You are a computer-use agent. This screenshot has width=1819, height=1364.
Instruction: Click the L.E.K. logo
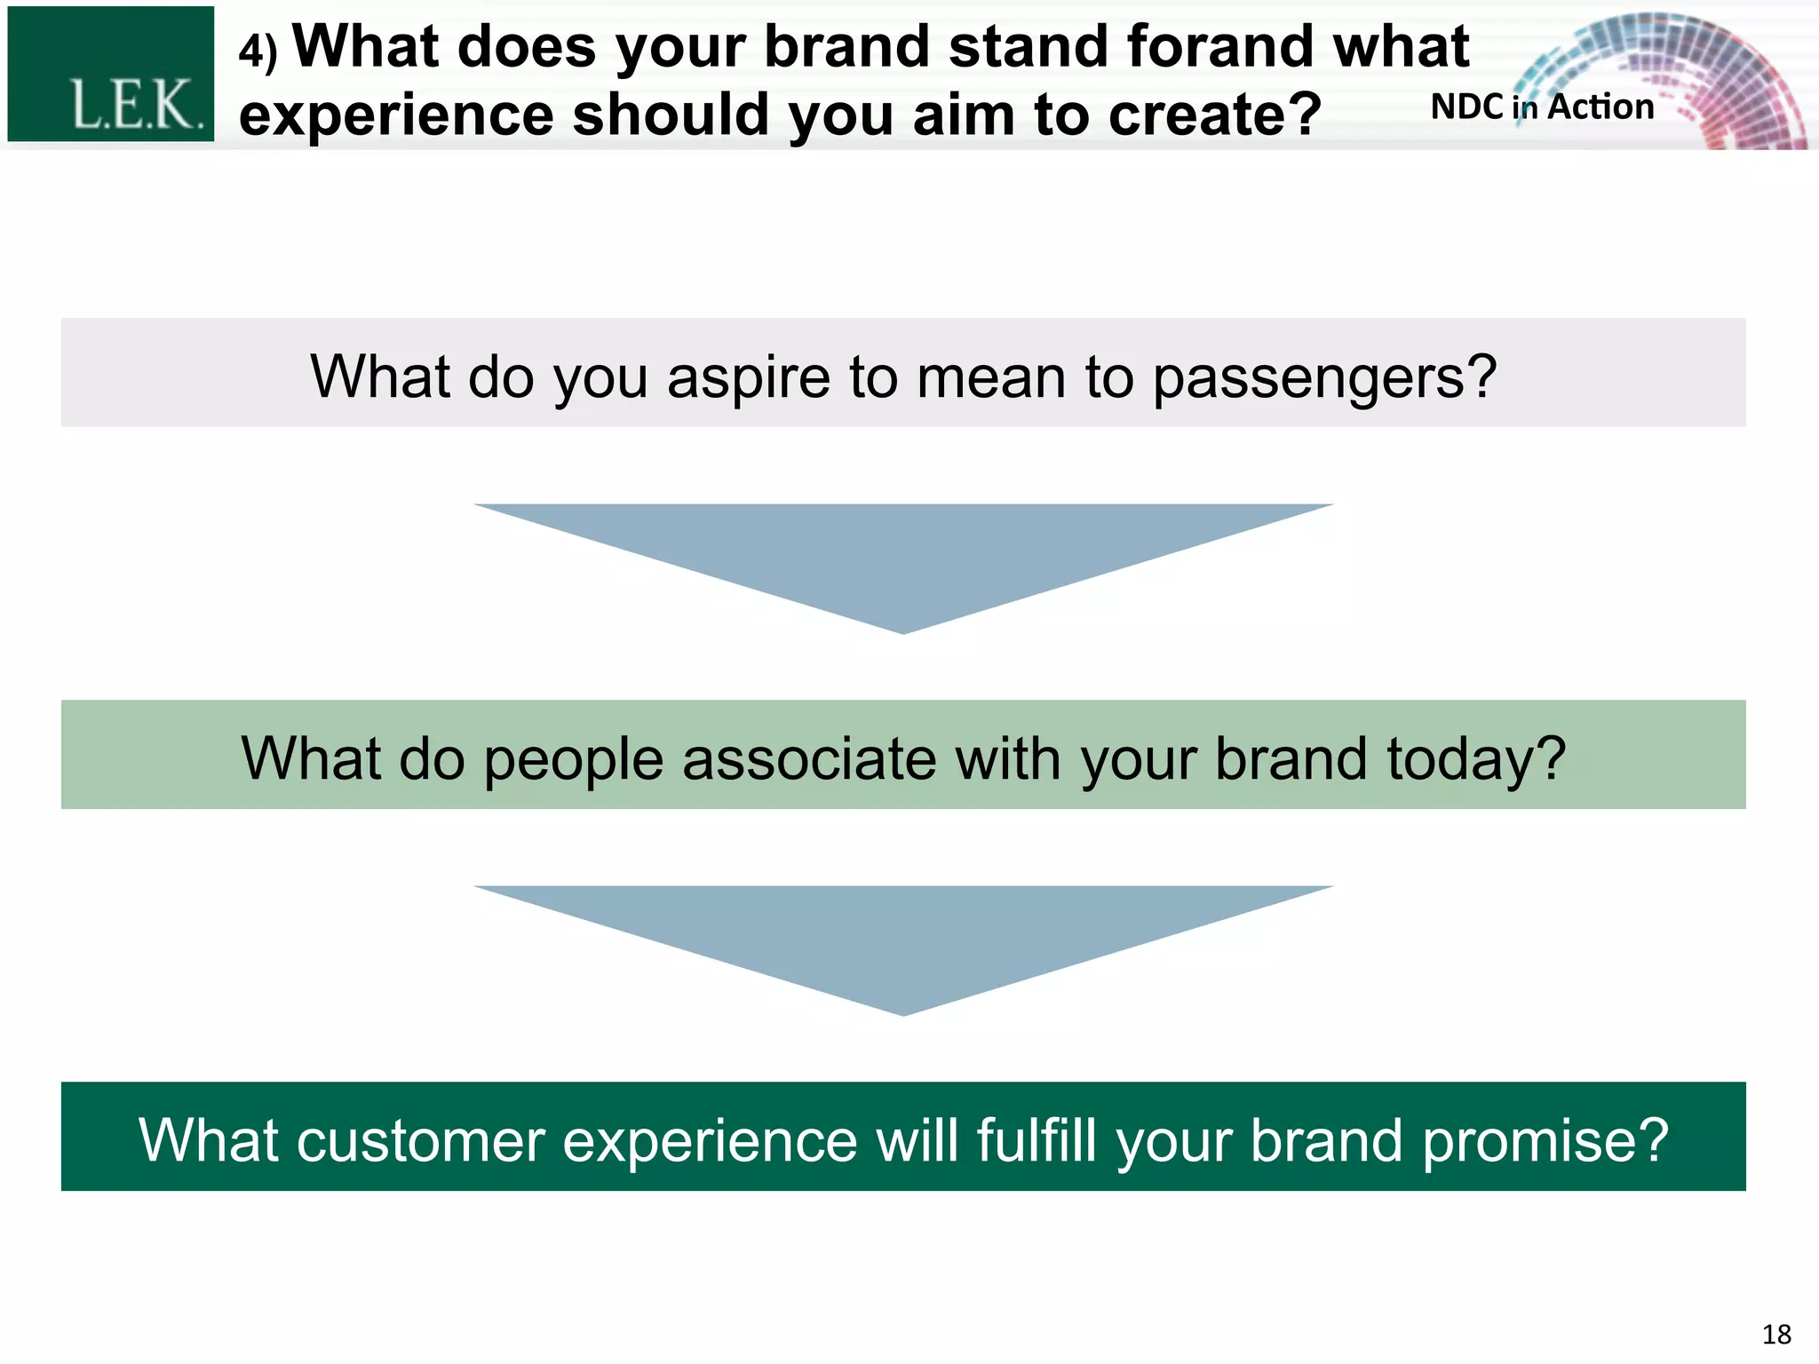[x=111, y=75]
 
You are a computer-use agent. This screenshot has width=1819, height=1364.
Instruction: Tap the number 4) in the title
[x=258, y=51]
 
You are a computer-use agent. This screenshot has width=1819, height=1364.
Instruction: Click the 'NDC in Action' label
[x=1542, y=107]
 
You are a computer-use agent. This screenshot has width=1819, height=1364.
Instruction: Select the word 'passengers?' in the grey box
[x=1324, y=378]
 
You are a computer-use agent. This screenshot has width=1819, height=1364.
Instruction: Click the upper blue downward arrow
[x=903, y=559]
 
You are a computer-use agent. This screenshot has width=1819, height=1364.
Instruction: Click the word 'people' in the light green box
[x=573, y=760]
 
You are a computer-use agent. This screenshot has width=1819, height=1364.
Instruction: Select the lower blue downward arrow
[x=903, y=941]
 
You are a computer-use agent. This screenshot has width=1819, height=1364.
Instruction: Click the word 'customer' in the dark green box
[x=420, y=1140]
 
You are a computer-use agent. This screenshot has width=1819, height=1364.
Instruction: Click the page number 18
[x=1776, y=1335]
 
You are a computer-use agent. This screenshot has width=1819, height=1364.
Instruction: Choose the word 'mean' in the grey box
[x=990, y=377]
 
